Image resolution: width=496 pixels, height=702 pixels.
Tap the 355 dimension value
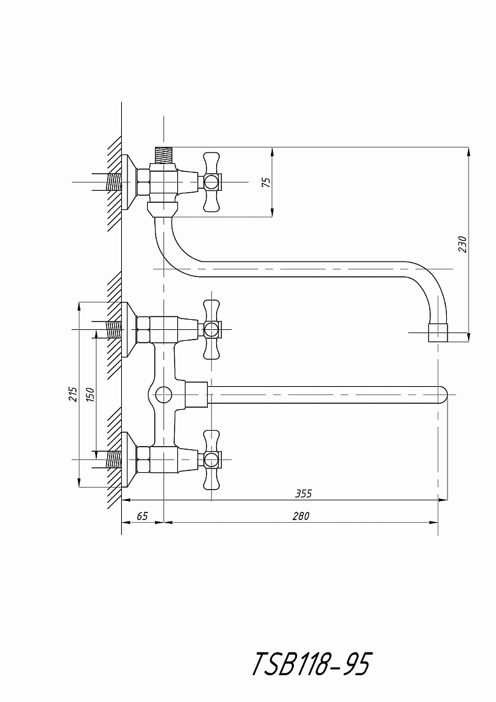click(303, 493)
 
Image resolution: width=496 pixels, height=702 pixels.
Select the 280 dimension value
click(301, 516)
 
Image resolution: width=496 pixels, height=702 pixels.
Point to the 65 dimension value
click(142, 516)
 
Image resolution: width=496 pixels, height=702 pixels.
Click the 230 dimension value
click(462, 244)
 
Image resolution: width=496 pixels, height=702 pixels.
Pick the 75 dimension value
click(266, 183)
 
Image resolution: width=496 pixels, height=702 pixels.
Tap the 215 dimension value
click(73, 394)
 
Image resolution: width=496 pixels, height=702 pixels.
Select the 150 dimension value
click(90, 394)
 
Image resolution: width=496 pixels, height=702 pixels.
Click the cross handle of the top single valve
click(212, 182)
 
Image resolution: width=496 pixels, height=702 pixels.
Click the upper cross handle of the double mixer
click(212, 329)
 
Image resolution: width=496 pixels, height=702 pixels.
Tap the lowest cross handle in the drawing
click(212, 459)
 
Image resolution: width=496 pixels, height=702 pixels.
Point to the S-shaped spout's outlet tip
click(438, 332)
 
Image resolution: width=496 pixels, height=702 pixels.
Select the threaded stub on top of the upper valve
click(163, 155)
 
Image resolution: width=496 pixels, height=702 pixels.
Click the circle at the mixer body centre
click(164, 395)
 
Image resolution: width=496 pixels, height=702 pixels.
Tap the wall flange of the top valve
click(129, 183)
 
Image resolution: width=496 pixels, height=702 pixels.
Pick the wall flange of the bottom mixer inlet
click(129, 459)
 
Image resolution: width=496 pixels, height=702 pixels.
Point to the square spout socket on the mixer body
click(197, 395)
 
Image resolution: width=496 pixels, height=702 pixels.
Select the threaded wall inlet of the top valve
click(113, 183)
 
